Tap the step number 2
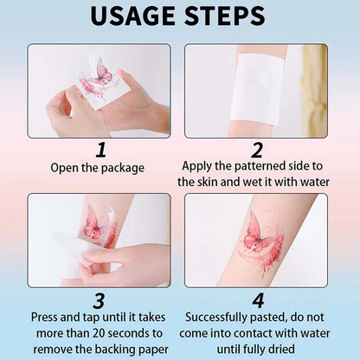pos(257,149)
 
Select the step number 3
pos(98,300)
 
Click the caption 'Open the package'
pos(99,167)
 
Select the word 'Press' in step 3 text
pos(48,318)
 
